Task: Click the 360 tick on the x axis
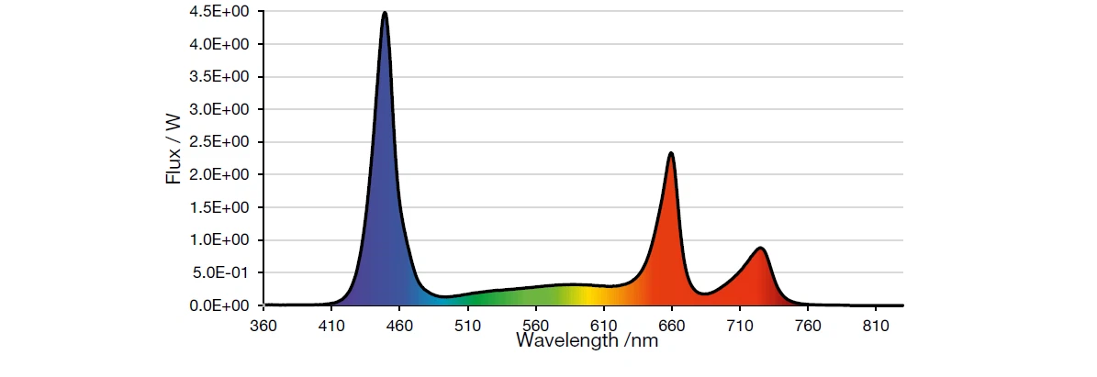tap(263, 325)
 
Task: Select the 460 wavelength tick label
tap(399, 325)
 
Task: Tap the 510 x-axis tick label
tap(467, 325)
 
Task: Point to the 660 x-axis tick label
tap(671, 325)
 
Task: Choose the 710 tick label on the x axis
tap(739, 325)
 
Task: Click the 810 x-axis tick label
tap(875, 325)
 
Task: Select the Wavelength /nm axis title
tap(587, 341)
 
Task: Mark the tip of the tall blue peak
tap(385, 13)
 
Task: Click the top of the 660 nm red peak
tap(671, 153)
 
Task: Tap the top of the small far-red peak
tap(760, 248)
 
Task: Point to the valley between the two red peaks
tap(704, 294)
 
